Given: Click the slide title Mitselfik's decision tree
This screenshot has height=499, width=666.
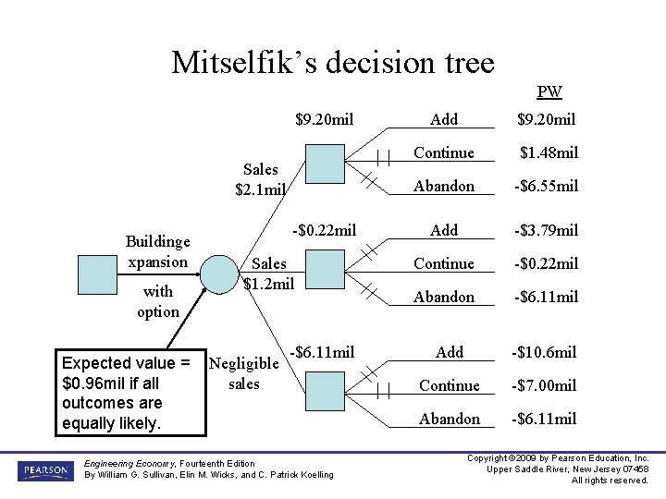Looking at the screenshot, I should click(x=333, y=62).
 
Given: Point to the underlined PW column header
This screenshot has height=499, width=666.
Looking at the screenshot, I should click(x=549, y=92).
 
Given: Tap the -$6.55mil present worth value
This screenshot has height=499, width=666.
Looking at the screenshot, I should click(x=546, y=186).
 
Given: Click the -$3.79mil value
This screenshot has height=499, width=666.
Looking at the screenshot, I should click(x=546, y=230).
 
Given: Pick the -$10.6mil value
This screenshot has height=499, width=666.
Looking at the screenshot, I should click(x=544, y=352).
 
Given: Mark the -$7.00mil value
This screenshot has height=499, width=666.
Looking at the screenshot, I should click(x=544, y=385).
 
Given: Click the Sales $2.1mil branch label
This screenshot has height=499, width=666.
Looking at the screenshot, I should click(x=260, y=179).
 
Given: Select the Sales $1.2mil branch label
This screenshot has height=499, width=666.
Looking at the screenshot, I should click(x=269, y=274).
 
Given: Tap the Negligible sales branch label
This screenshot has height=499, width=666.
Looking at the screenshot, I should click(x=244, y=373).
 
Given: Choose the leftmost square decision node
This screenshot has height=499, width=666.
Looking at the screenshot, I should click(x=97, y=274).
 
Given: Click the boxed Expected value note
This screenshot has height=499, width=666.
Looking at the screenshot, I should click(x=129, y=393).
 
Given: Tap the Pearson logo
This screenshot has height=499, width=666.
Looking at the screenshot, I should click(x=43, y=470).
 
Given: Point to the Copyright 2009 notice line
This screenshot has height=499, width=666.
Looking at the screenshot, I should click(x=558, y=458).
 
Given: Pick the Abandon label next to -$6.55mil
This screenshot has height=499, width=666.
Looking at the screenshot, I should click(x=444, y=186).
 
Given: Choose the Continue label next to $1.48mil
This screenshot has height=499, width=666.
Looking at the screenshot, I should click(x=444, y=152).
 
